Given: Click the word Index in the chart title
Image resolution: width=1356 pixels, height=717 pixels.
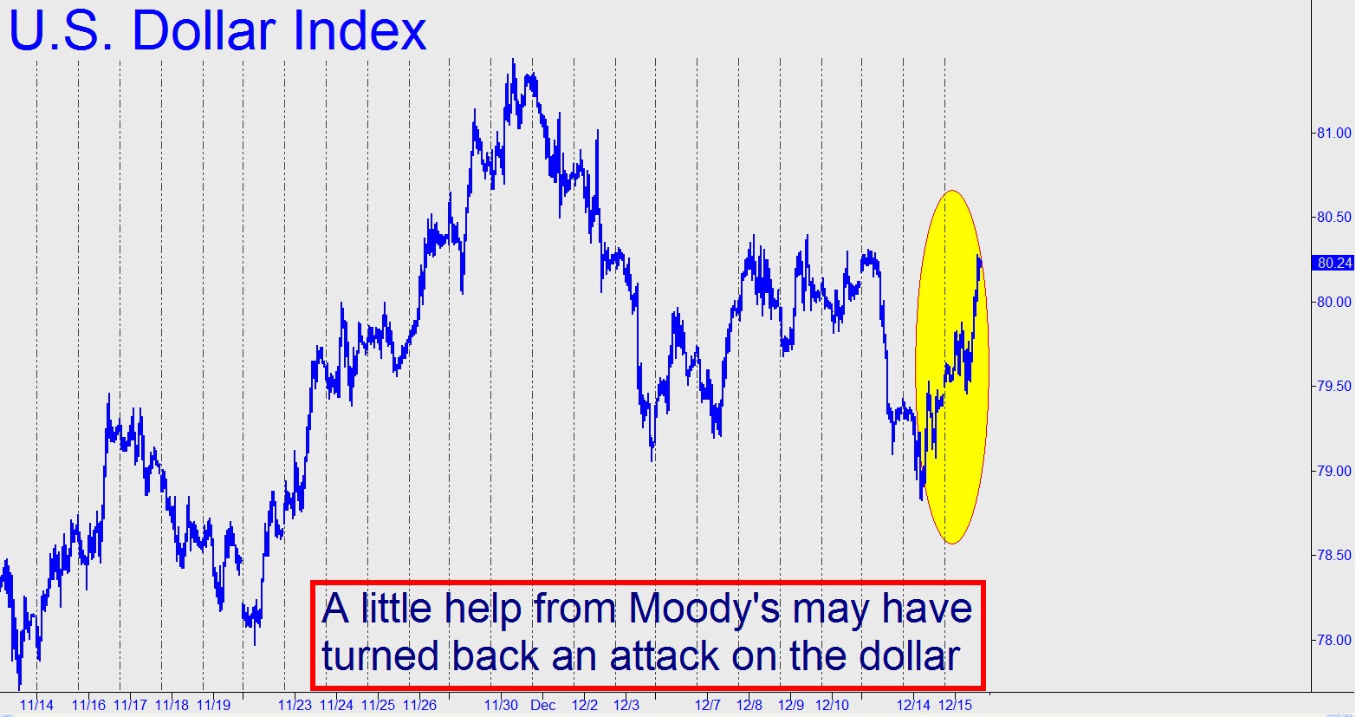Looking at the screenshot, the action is (360, 30).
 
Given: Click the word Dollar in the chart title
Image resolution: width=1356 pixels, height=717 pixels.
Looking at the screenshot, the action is (204, 30).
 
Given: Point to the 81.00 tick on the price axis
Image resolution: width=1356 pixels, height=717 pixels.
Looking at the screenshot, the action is (1334, 133).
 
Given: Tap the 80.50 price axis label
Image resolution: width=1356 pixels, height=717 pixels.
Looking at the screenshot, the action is (1334, 217).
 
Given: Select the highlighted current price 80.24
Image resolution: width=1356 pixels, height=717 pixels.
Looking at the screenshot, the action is (1334, 263).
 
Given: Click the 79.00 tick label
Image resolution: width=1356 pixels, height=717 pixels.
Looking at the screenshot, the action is (1334, 471).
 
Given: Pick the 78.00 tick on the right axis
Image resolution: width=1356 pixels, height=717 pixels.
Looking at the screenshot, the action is (1334, 640).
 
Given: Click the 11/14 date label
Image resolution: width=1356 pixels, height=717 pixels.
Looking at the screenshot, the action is (36, 705).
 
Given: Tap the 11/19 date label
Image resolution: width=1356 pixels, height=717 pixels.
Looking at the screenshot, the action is (214, 705).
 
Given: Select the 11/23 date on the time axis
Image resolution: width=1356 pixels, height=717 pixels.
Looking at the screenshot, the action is (295, 705).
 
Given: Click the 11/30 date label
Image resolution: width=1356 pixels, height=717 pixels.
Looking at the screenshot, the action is (501, 705).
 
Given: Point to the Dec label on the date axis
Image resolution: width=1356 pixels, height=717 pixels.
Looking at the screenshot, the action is (543, 705).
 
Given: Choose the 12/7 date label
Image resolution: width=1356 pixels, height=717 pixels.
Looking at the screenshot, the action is (708, 705).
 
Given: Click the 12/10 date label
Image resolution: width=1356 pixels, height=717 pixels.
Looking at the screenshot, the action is (832, 705).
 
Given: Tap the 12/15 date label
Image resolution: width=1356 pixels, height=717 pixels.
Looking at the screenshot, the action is (955, 705).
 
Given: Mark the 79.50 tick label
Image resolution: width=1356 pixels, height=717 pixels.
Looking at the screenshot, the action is (1334, 386).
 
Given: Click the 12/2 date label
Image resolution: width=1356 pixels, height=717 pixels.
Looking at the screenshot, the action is (585, 705).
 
